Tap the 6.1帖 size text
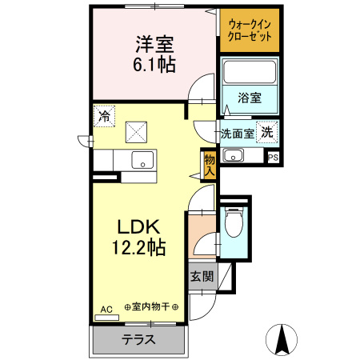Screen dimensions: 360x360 [x=154, y=65]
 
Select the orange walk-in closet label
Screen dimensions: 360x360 [x=250, y=30]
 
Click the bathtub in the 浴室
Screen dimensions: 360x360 [x=249, y=73]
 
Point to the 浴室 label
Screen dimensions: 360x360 [x=250, y=98]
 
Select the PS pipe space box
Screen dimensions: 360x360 [x=274, y=157]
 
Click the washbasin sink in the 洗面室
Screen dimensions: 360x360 [x=234, y=154]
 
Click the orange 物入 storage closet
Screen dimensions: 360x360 [x=210, y=165]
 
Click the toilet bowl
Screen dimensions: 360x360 [x=234, y=225]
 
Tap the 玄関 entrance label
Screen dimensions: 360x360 [x=202, y=278]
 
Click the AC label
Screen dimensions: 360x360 [x=106, y=308]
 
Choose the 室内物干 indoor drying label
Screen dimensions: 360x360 [x=151, y=306]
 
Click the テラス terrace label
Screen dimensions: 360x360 [x=138, y=339]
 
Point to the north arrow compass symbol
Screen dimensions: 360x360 [x=282, y=338]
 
